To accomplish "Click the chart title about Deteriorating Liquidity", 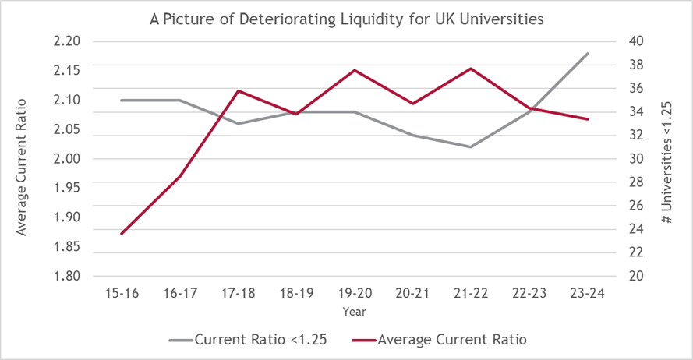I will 346,19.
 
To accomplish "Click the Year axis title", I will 355,311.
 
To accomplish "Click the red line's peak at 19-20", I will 355,70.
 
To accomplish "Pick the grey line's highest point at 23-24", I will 588,54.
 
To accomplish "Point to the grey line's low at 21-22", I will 472,146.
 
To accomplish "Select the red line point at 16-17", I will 180,176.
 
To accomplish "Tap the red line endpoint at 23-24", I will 588,119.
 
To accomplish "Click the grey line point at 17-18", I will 239,123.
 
